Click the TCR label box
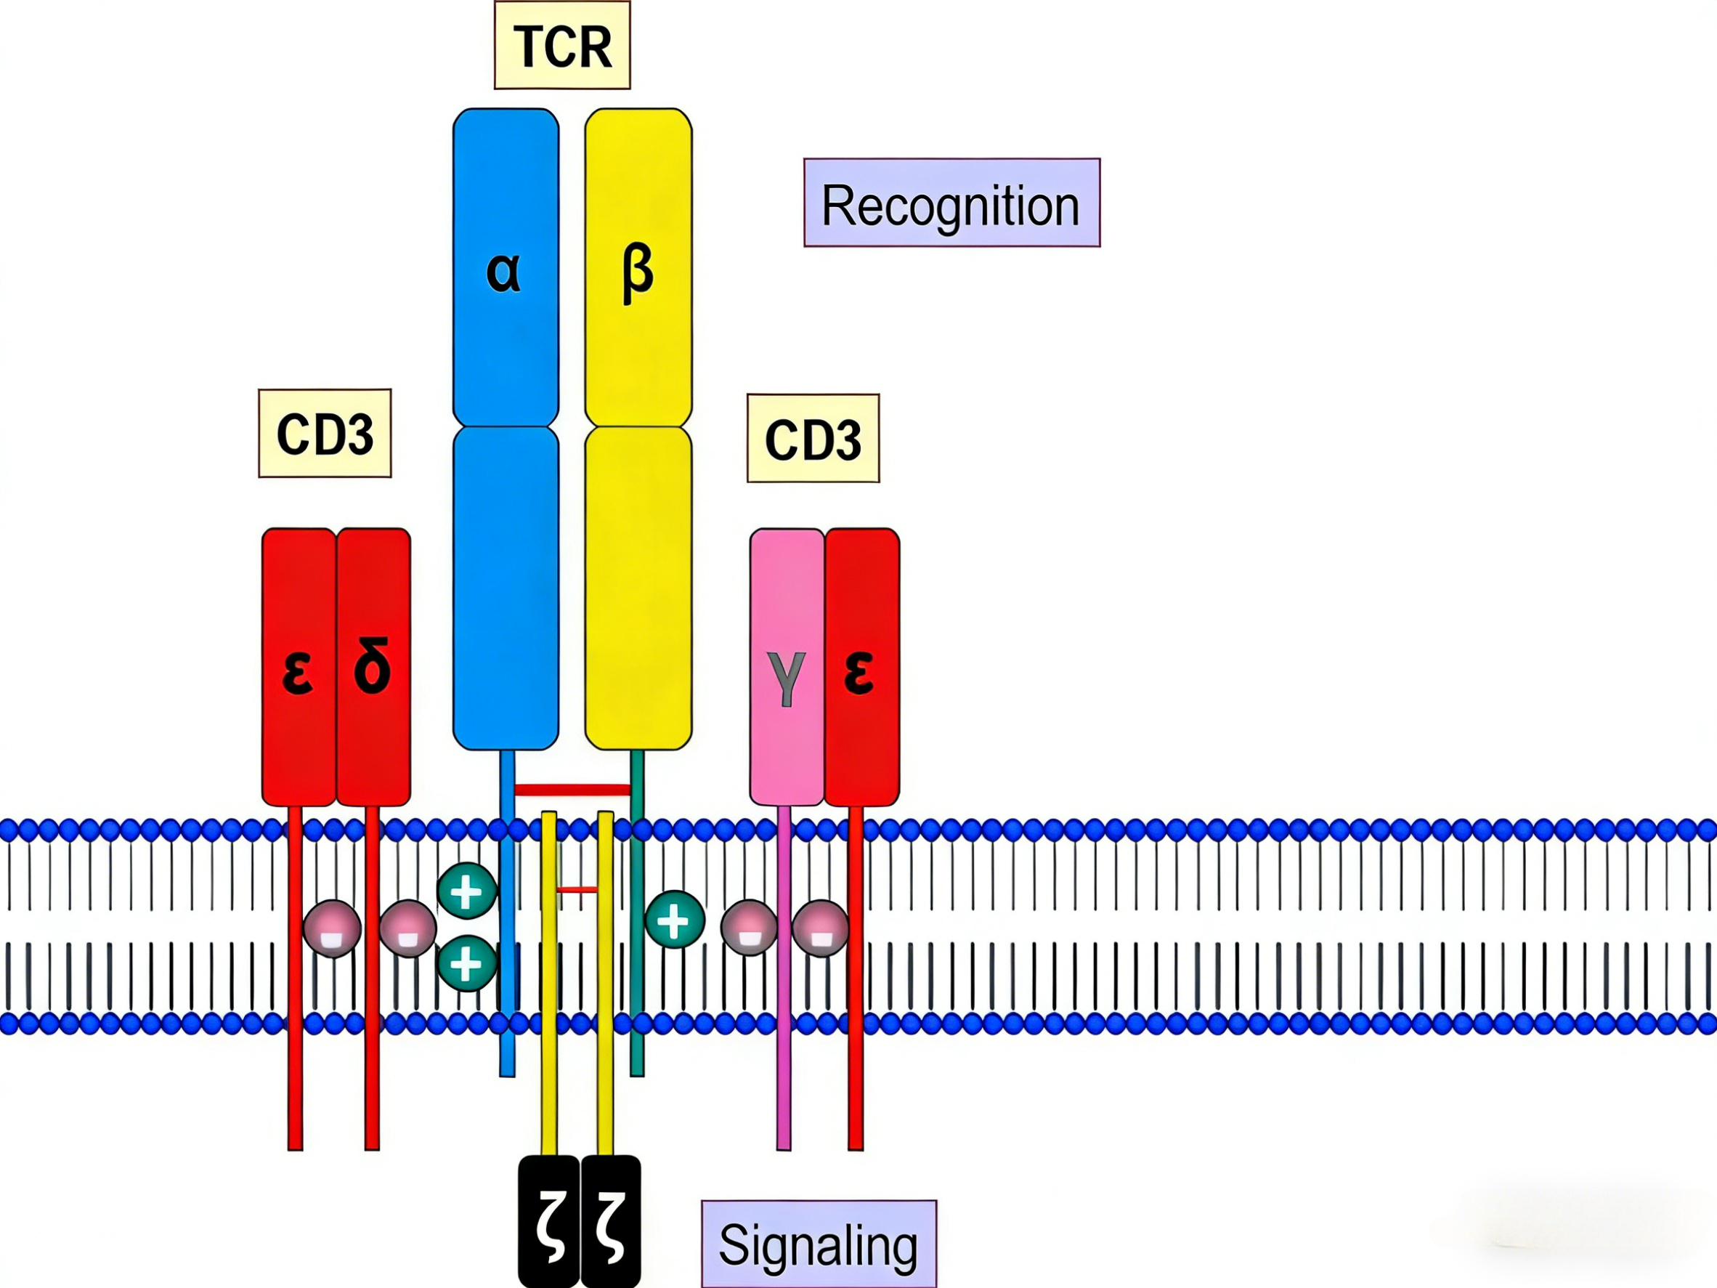coord(562,45)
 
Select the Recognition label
coord(951,203)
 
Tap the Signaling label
coord(819,1244)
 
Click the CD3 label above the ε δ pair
coord(325,433)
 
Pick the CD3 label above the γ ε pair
coord(813,439)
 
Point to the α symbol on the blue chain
coord(503,272)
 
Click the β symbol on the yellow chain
coord(637,273)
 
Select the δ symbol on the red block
coord(372,665)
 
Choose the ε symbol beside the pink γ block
coord(858,673)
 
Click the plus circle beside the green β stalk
coord(675,919)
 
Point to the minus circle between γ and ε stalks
coord(820,928)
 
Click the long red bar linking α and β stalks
coord(572,790)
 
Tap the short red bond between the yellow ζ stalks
coord(577,890)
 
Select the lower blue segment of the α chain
coord(506,588)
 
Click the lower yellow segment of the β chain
coord(638,588)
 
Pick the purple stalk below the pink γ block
coord(784,978)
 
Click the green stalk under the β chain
coord(637,912)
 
